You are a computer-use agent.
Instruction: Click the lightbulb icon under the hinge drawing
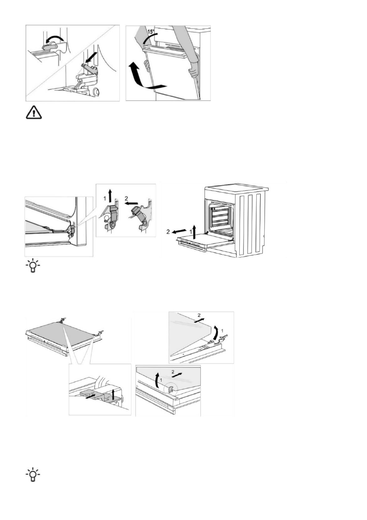click(x=33, y=266)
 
